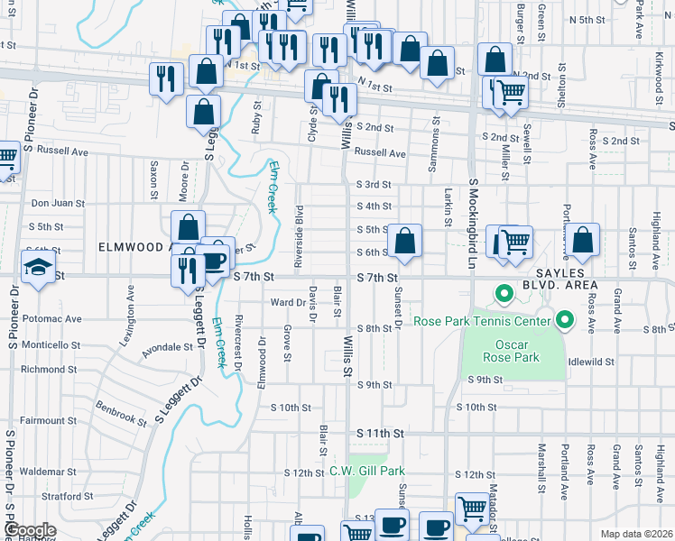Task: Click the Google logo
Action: [29, 530]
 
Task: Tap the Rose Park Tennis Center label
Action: [482, 321]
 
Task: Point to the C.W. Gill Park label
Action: [367, 471]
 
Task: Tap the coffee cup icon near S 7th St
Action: [215, 261]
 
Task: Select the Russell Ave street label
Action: [380, 153]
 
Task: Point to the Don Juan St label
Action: [57, 204]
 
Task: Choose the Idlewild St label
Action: [592, 362]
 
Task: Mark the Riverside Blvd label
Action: [299, 231]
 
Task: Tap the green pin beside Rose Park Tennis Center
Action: [565, 319]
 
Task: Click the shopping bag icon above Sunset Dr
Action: [405, 241]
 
